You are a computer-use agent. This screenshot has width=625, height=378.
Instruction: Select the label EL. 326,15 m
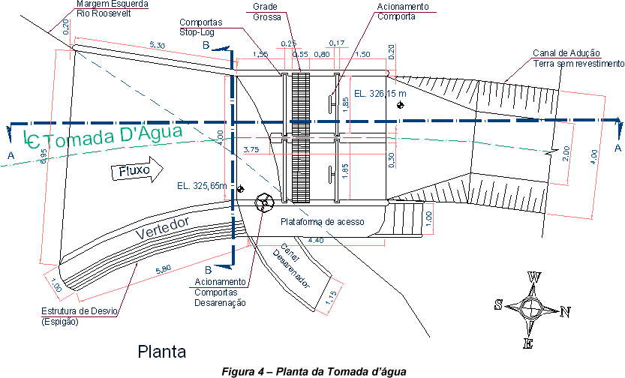pos(380,94)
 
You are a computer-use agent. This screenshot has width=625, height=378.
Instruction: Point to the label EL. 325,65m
pos(202,185)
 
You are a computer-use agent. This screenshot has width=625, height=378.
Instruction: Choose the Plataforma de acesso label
pos(322,222)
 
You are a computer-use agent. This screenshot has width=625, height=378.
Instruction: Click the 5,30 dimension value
pos(158,46)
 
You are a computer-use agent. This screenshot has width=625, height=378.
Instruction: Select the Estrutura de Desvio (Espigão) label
pos(79,316)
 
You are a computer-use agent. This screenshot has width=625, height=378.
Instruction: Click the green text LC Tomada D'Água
pos(105,136)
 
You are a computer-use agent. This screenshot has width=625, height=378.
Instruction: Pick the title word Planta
pos(161,350)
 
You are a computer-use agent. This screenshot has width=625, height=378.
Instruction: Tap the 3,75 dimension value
pos(252,149)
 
